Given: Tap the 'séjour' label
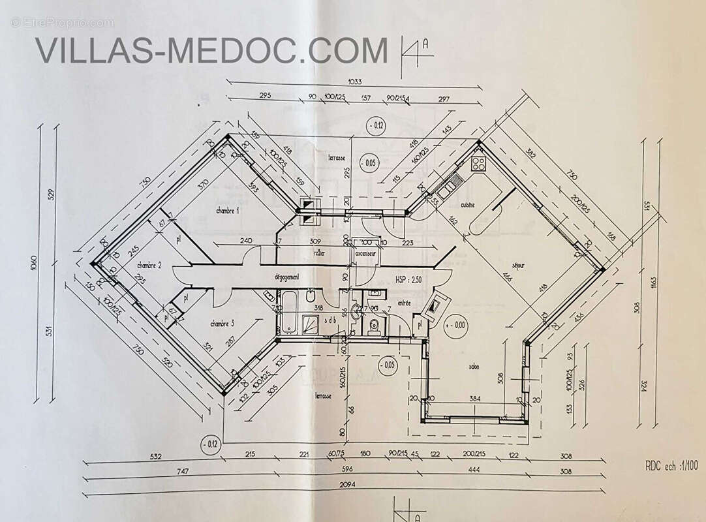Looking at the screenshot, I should click(519, 265).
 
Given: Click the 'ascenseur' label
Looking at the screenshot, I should click(364, 253).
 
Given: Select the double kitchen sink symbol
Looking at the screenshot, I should click(449, 188).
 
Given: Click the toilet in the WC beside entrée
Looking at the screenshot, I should click(373, 326).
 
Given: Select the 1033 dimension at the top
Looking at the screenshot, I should click(355, 82).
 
